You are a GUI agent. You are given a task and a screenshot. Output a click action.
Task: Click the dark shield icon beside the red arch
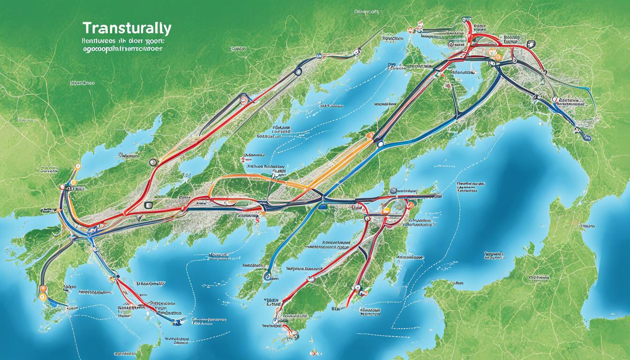point(531,45)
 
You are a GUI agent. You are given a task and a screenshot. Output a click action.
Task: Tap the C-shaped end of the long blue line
point(268,277)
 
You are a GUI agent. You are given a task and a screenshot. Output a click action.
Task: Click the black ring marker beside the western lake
point(152,163)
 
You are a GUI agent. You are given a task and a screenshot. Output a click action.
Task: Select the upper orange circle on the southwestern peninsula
point(43,289)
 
